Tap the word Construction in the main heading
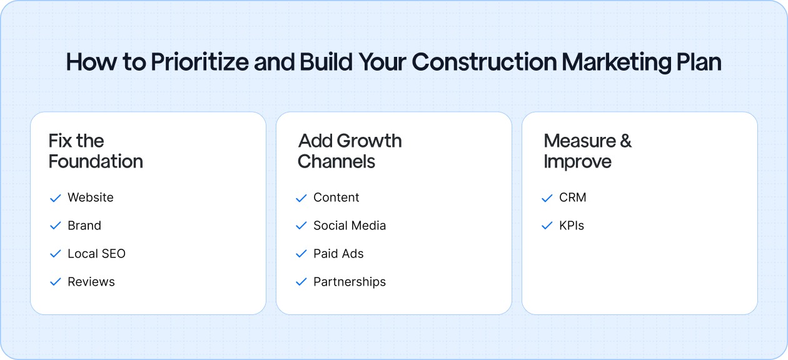pyautogui.click(x=484, y=62)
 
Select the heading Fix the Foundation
pyautogui.click(x=96, y=151)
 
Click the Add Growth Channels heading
pyautogui.click(x=350, y=151)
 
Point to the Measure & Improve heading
pyautogui.click(x=587, y=151)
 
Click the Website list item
pyautogui.click(x=91, y=197)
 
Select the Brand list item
pyautogui.click(x=84, y=226)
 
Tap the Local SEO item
pyautogui.click(x=96, y=254)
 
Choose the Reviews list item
pyautogui.click(x=91, y=282)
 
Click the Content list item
pyautogui.click(x=336, y=197)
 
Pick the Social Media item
pyautogui.click(x=350, y=226)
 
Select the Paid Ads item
pyautogui.click(x=338, y=254)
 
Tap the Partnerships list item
pyautogui.click(x=350, y=282)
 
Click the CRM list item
pyautogui.click(x=573, y=197)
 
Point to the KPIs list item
pyautogui.click(x=572, y=226)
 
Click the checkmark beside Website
pyautogui.click(x=55, y=198)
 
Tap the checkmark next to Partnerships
pyautogui.click(x=301, y=282)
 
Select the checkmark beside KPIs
pyautogui.click(x=547, y=226)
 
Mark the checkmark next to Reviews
pyautogui.click(x=55, y=282)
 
